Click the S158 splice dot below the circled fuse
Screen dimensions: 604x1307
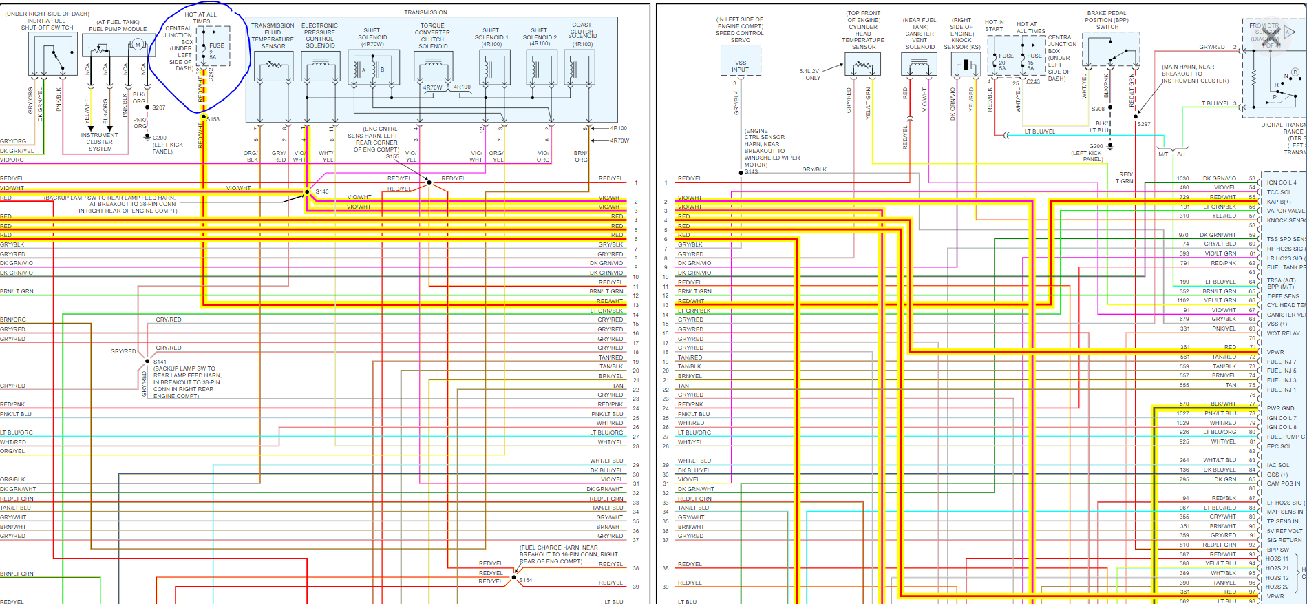click(204, 118)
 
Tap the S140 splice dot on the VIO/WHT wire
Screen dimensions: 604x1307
click(307, 191)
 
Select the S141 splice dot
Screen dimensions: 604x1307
click(147, 361)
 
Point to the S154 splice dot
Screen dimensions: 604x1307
click(513, 578)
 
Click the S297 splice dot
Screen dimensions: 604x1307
click(1136, 117)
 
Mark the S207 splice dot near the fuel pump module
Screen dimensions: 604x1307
click(147, 107)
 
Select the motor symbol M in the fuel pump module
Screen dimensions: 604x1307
click(138, 45)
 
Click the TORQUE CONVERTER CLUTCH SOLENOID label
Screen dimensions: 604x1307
click(432, 36)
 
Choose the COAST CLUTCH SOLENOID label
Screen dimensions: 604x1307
click(582, 32)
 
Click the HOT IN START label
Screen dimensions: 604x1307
click(994, 25)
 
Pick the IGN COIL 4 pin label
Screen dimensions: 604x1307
click(1281, 183)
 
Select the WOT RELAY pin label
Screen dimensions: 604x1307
click(1283, 333)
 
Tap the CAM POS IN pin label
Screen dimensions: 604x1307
click(1284, 483)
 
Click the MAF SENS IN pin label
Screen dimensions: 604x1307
click(1284, 512)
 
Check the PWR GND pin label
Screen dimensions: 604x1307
click(1280, 408)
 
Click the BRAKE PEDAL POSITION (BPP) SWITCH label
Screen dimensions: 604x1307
click(1107, 20)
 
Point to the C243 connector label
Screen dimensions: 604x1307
click(1033, 81)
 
